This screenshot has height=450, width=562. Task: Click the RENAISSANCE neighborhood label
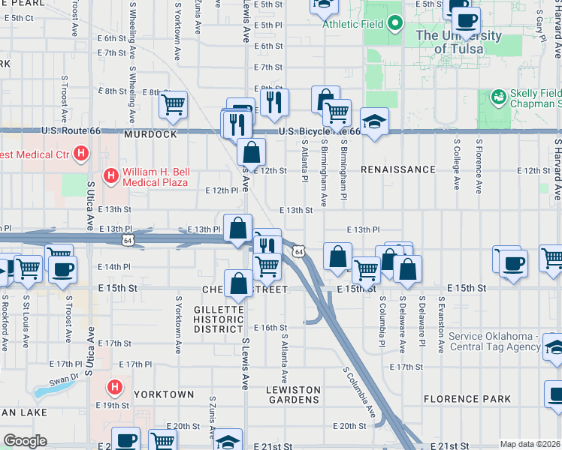397,169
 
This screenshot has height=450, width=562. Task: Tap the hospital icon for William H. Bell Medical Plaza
110,176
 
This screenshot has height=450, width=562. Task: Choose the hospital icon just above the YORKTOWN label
114,388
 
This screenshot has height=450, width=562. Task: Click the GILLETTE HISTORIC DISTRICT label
219,319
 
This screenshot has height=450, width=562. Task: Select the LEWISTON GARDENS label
293,394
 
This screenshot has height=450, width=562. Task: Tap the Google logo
24,441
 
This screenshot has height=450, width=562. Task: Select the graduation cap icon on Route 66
373,121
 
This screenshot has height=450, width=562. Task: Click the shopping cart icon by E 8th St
174,105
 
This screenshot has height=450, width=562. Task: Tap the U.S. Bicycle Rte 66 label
320,131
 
